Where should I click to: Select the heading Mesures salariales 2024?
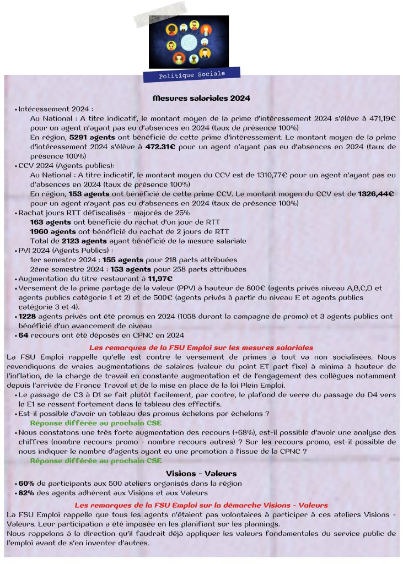tap(201, 98)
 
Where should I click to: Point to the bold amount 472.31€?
tap(160, 147)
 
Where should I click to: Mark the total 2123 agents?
tap(84, 241)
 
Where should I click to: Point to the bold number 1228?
tap(28, 316)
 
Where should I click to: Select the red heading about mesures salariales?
tap(201, 348)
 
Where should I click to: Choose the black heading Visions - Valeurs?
tap(201, 473)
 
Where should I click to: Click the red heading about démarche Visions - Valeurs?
tap(201, 505)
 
